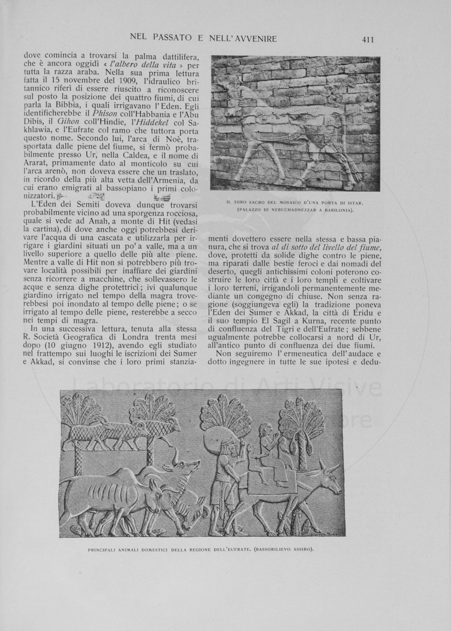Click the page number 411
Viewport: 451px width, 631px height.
367,39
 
